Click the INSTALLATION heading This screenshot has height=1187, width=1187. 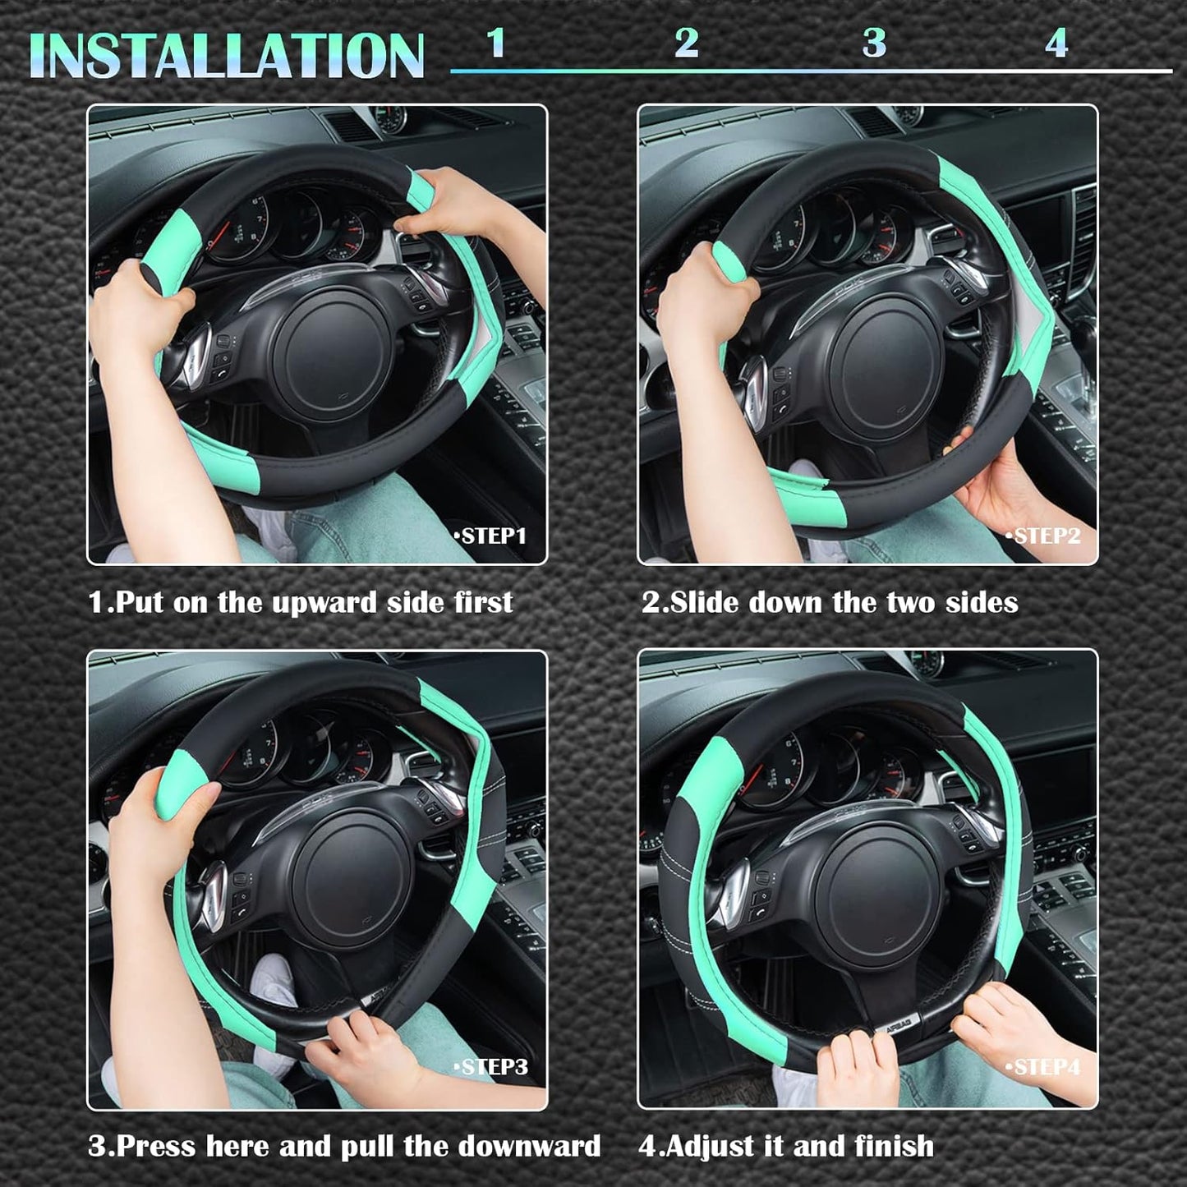(x=226, y=56)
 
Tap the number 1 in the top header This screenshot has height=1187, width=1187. (x=495, y=43)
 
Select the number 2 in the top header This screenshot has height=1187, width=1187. (x=686, y=43)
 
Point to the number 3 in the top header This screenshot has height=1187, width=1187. (x=874, y=43)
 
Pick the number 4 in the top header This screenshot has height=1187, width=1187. (x=1056, y=43)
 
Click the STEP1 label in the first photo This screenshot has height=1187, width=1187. (x=490, y=536)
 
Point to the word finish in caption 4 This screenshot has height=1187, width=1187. (x=894, y=1146)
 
